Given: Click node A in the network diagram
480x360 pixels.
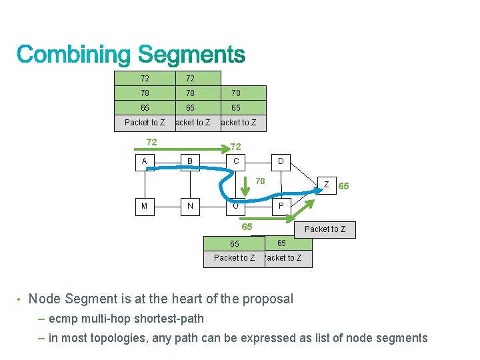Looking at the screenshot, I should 145,162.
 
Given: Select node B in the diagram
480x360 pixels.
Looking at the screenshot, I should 190,162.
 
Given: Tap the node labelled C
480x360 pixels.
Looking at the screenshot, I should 236,162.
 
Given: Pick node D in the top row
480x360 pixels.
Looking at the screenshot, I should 281,162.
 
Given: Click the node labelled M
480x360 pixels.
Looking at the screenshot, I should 145,206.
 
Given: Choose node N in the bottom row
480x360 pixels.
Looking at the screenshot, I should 190,206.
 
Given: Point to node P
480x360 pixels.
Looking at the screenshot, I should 281,206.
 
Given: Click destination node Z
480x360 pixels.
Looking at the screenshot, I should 326,185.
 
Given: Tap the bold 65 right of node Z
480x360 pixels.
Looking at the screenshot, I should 344,186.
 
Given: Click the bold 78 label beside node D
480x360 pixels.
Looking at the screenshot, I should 261,181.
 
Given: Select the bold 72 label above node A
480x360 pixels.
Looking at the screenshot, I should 151,142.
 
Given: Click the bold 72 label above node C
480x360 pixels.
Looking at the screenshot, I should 235,146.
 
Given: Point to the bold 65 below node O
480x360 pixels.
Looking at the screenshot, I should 247,227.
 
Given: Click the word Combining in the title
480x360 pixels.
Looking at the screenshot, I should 74,55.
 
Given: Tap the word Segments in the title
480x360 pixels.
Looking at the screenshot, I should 191,55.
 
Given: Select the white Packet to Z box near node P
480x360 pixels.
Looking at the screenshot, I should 325,229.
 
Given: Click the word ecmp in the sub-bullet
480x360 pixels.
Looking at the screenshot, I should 62,318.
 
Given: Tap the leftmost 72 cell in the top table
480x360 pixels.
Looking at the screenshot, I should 145,79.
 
